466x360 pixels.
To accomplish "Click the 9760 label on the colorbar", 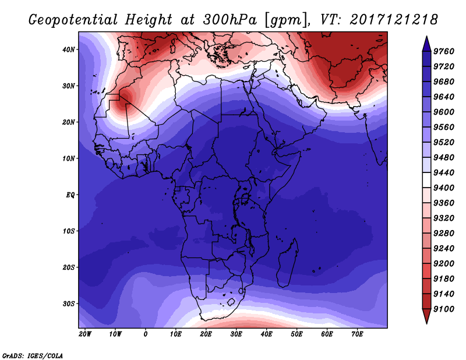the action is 444,51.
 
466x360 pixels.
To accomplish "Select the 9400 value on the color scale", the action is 444,188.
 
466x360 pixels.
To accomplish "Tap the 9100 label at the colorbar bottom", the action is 444,309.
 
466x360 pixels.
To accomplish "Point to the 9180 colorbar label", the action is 444,279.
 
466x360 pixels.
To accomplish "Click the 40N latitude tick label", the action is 69,50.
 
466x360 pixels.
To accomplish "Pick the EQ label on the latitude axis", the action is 70,195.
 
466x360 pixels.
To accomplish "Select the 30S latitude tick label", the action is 69,304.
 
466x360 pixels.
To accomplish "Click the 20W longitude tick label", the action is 85,334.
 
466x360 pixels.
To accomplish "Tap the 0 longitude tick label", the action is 145,334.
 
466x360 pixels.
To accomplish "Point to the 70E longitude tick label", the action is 357,334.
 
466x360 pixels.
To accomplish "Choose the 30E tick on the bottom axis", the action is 236,334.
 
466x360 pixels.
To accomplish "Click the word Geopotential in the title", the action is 73,20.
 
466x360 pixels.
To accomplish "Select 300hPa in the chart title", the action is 230,20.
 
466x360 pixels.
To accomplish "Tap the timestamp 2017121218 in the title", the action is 394,20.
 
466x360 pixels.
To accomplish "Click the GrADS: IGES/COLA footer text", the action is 33,355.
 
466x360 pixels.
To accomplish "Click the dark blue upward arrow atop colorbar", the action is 426,44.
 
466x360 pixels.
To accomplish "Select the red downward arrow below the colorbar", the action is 426,316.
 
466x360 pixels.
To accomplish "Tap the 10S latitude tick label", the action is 69,231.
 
